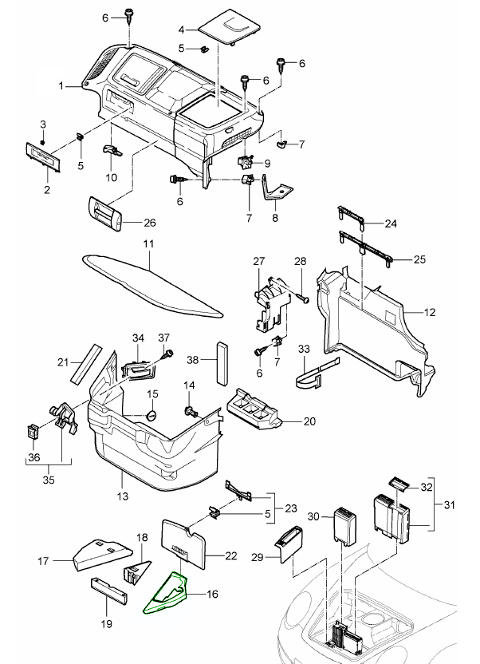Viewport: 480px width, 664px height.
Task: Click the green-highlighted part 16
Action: pyautogui.click(x=167, y=595)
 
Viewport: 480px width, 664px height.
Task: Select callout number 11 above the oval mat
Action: pyautogui.click(x=148, y=243)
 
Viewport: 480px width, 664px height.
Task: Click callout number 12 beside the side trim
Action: pyautogui.click(x=429, y=313)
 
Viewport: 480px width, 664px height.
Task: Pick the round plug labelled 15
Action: pyautogui.click(x=152, y=415)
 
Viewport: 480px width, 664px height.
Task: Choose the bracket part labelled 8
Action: pyautogui.click(x=277, y=192)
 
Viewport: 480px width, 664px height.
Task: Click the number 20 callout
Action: pyautogui.click(x=309, y=421)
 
